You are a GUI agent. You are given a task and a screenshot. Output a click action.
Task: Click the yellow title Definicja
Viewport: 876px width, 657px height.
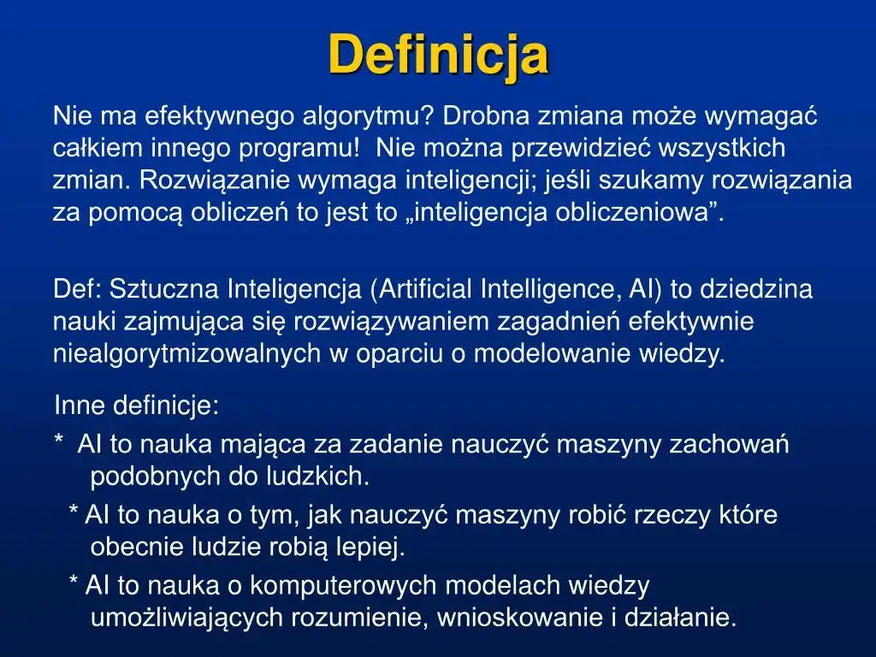point(438,54)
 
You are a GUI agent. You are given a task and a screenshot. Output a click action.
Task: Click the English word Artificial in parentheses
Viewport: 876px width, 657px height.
point(425,289)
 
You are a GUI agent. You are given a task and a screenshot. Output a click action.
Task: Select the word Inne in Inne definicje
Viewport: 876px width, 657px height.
point(80,405)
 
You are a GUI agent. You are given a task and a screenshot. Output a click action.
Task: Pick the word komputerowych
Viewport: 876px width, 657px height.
point(358,586)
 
